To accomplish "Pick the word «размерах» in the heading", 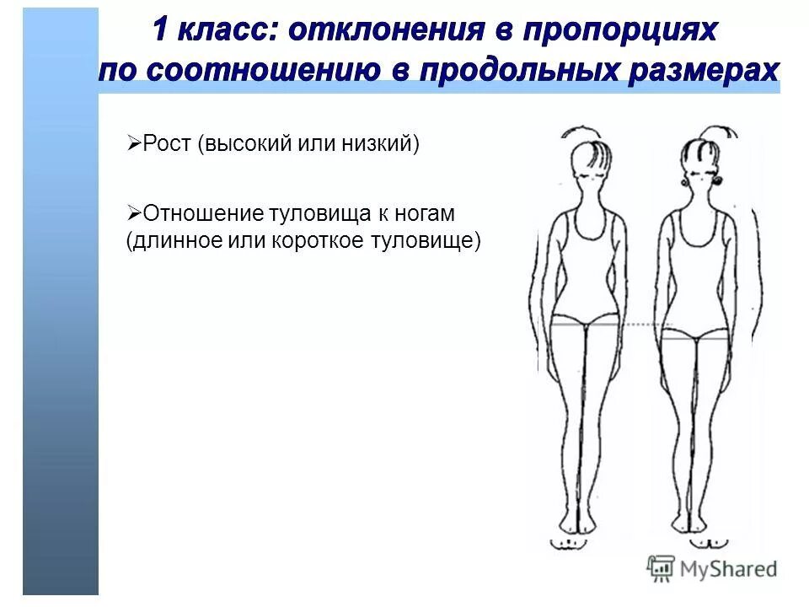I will [703, 69].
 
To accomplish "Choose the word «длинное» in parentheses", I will [174, 240].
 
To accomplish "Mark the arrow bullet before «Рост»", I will [133, 144].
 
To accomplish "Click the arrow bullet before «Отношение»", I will [133, 214].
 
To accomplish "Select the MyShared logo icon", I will [662, 567].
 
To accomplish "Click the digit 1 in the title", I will [164, 31].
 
